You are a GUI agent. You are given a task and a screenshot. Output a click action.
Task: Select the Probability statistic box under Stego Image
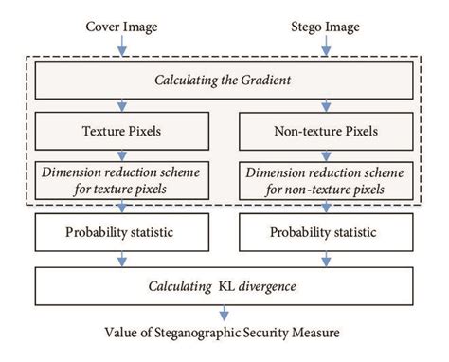pos(327,231)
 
